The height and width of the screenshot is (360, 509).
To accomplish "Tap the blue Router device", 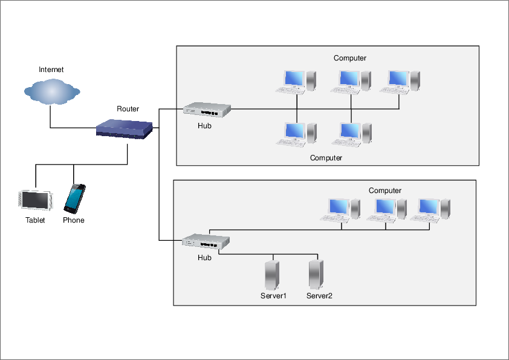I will [x=124, y=129].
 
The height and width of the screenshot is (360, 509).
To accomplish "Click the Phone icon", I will [x=74, y=198].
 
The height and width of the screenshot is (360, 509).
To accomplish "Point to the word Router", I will [x=128, y=109].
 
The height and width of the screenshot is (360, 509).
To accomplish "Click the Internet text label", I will [x=51, y=70].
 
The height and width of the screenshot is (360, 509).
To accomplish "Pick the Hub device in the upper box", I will [x=207, y=109].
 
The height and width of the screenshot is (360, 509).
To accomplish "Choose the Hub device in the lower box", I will [x=207, y=241].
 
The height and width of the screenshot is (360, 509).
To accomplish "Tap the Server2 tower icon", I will [x=315, y=275].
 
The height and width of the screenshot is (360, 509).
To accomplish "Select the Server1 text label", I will [x=273, y=296].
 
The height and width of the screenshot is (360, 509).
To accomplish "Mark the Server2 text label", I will [x=319, y=296].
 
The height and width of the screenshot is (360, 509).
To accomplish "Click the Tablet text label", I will [x=35, y=220].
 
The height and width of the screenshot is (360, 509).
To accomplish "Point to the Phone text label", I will [x=74, y=220].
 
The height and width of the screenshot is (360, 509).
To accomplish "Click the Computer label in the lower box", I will [x=385, y=191].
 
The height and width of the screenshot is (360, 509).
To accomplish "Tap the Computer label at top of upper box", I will [x=350, y=58].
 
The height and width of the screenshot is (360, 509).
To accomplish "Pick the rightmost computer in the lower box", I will [x=430, y=209].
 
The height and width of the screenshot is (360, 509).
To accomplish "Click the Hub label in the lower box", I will [x=205, y=258].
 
